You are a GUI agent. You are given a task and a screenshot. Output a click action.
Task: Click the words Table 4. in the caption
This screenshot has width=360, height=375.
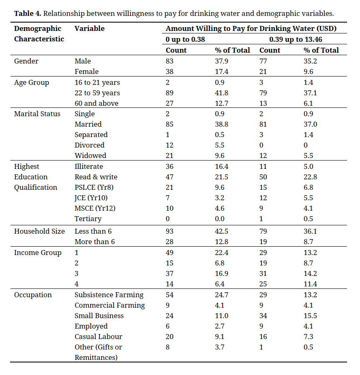(x=28, y=13)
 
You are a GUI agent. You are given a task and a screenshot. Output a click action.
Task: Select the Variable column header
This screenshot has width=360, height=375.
(x=89, y=28)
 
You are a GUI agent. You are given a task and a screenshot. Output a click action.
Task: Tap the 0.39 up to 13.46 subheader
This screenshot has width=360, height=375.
(x=296, y=39)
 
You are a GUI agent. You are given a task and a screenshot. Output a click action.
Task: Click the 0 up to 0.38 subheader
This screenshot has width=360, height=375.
(x=185, y=39)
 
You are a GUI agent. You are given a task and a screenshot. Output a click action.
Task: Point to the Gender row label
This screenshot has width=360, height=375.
(x=26, y=61)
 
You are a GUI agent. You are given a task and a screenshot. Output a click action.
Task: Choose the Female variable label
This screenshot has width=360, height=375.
(x=86, y=71)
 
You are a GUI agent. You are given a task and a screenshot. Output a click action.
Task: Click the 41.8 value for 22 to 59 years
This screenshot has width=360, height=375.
(x=221, y=93)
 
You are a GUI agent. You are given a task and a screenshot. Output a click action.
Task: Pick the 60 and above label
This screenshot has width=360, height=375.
(x=96, y=103)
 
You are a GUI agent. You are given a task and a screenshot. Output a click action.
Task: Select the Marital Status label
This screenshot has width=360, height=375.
(x=37, y=114)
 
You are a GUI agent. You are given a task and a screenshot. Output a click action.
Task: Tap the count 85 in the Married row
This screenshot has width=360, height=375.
(x=170, y=124)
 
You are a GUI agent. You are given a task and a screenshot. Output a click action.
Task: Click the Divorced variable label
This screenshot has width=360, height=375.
(x=89, y=145)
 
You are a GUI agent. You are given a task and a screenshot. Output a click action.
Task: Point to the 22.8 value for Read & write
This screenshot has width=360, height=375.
(x=310, y=177)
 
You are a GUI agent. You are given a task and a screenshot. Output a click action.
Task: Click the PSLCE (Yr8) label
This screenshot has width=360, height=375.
(x=94, y=187)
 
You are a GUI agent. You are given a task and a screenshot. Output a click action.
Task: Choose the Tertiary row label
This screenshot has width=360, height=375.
(x=88, y=219)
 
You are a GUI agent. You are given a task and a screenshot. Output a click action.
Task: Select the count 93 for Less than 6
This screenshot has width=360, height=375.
(x=170, y=231)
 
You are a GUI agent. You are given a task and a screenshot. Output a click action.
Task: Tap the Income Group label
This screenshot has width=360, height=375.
(x=38, y=253)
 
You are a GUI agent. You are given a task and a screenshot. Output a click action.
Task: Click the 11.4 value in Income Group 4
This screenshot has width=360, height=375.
(x=310, y=284)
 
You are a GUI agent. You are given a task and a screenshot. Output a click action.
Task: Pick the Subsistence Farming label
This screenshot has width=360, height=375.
(x=109, y=295)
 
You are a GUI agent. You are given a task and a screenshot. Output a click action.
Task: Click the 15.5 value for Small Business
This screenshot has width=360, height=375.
(x=310, y=316)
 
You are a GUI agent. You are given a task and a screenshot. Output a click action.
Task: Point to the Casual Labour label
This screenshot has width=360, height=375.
(x=99, y=337)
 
